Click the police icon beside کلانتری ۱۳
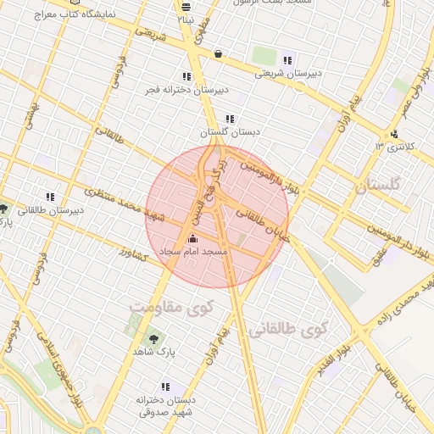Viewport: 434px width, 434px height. coord(394,134)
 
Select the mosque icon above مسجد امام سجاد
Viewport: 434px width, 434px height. coord(192,240)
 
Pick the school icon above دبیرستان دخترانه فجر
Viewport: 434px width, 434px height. coord(186,76)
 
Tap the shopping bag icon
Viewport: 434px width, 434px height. coord(219,54)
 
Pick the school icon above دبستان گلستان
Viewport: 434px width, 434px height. coord(230,120)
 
